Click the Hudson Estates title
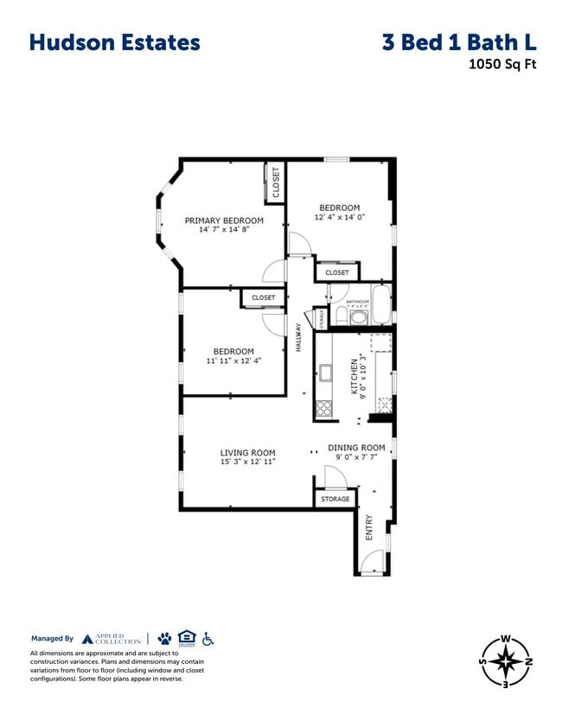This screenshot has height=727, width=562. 115,42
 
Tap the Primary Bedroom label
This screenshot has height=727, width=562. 224,220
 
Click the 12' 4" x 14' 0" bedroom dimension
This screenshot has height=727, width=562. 339,218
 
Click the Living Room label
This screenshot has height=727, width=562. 247,452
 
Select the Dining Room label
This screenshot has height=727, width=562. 356,448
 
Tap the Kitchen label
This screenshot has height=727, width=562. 354,377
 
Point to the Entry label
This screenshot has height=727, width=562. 369,527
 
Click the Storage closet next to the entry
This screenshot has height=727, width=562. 335,499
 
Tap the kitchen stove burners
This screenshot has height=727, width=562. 324,408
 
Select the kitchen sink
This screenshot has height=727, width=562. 326,373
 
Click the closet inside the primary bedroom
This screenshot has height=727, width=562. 276,182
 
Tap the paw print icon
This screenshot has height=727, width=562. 164,638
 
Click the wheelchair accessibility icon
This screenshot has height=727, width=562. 208,638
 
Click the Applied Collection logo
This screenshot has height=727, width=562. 111,639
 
